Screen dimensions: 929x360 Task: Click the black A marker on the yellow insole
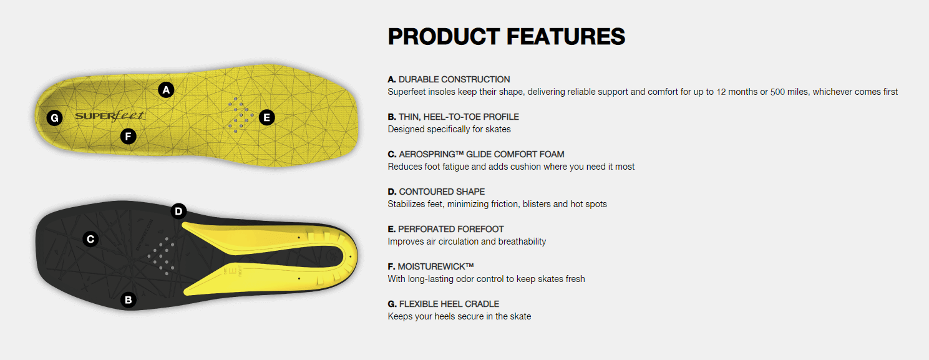point(166,90)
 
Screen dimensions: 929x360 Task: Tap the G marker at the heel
point(54,118)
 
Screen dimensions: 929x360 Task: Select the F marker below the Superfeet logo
point(128,136)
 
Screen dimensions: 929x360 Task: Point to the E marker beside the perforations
point(266,117)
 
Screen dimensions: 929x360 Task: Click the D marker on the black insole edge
point(178,212)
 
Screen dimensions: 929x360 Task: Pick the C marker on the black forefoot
point(90,239)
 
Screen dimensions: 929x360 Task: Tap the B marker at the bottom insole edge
point(128,300)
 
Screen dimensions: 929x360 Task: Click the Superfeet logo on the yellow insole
point(110,115)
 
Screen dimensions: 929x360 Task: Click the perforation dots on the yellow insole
point(241,115)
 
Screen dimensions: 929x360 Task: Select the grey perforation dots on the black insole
point(162,256)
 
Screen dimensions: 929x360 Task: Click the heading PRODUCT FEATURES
point(507,36)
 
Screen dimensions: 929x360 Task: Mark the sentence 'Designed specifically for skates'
point(449,129)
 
